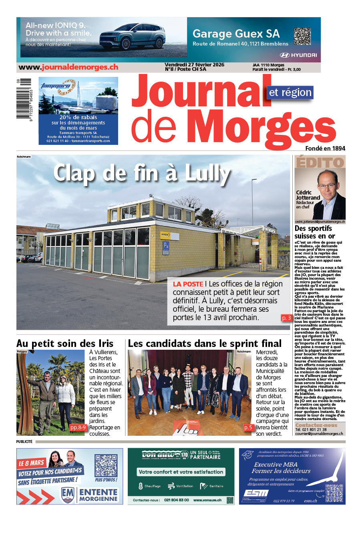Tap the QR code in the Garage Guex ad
click(x=302, y=36)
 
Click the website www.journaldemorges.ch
click(x=68, y=67)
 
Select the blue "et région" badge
click(x=290, y=92)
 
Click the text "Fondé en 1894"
click(x=325, y=148)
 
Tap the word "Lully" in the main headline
click(x=207, y=174)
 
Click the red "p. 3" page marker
click(x=286, y=318)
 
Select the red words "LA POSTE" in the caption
click(x=188, y=284)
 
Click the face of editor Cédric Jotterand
click(x=327, y=186)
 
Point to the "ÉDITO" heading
click(x=320, y=162)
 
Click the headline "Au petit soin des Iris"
click(x=65, y=343)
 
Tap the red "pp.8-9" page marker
click(x=78, y=427)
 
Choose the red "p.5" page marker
click(x=248, y=427)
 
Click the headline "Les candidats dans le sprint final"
click(x=205, y=343)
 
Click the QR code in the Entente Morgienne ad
click(x=106, y=465)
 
